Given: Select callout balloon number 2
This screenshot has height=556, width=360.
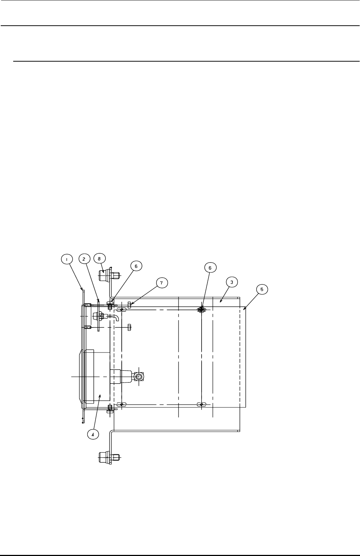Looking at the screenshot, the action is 84,259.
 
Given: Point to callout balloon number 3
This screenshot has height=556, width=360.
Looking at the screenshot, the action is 232,282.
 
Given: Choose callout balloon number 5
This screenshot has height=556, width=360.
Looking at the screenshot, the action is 262,289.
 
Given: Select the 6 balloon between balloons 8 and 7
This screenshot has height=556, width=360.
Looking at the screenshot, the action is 136,266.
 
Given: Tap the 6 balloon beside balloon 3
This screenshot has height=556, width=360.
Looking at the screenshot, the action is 210,268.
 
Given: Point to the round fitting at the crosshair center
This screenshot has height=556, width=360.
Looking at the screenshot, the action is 139,377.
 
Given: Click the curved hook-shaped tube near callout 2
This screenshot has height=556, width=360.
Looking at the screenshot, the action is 116,317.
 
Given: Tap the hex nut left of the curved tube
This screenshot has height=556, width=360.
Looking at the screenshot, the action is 98,315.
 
